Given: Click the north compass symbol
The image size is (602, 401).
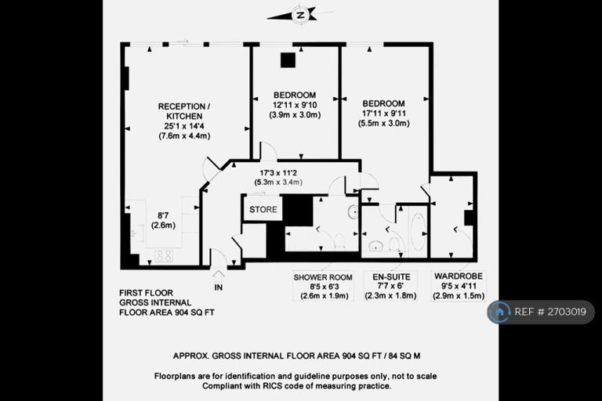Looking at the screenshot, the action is (299, 15).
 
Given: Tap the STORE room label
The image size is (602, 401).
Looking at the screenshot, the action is (263, 210).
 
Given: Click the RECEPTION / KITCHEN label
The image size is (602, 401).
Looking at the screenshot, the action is (184, 111).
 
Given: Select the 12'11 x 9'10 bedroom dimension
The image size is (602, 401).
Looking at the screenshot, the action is (295, 105).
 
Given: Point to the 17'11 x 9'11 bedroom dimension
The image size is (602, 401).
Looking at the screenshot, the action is (384, 114).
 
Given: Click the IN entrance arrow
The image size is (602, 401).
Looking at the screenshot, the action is (219, 276).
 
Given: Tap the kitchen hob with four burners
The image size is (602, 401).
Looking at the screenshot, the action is (164, 255).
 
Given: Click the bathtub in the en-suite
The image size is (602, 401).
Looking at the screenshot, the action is (417, 231).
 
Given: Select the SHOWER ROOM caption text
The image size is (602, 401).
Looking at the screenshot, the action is (323, 277).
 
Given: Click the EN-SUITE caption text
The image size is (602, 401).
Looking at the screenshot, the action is (391, 277).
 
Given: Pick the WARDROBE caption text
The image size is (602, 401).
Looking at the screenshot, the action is (459, 276).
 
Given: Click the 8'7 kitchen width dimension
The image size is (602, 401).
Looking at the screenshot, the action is (164, 216).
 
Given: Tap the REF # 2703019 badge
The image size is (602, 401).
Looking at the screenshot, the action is (541, 312).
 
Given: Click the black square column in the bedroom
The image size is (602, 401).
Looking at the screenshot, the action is (288, 60).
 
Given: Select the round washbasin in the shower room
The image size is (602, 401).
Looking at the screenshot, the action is (354, 211).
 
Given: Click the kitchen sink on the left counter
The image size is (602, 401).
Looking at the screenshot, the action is (137, 232).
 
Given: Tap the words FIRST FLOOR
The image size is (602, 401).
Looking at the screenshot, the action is (146, 293).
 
